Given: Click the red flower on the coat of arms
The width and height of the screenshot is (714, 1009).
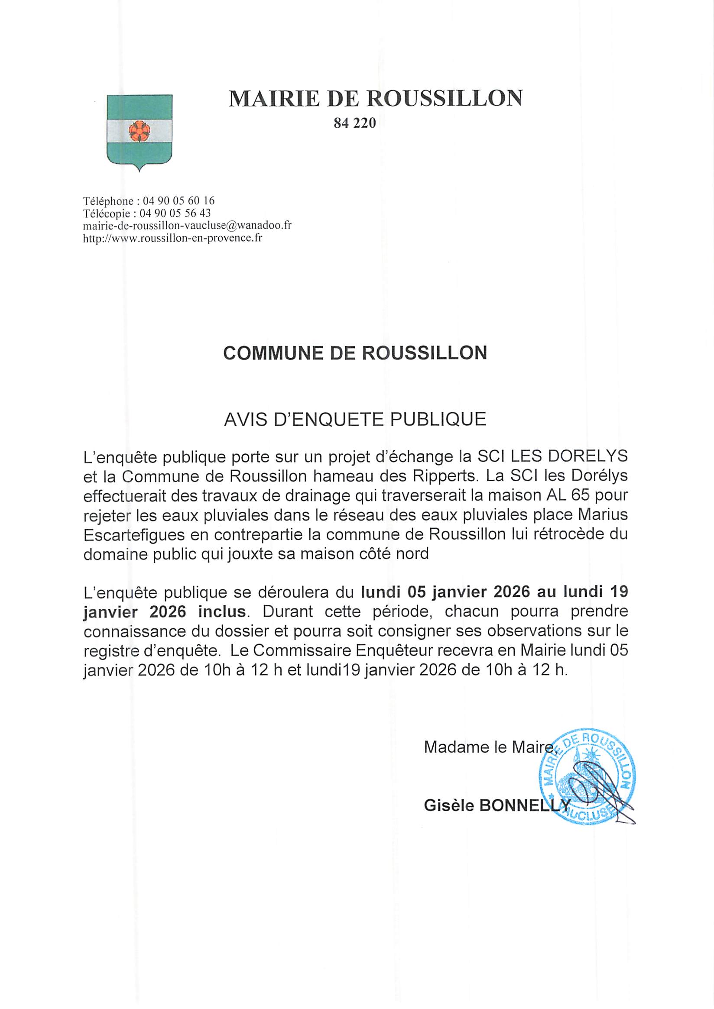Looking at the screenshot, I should pos(140,130).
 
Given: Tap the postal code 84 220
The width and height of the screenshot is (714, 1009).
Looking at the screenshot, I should pos(355,124).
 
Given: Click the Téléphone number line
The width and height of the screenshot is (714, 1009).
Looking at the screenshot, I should pos(149,201).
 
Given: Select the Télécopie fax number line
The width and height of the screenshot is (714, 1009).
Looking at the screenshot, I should pos(147,213).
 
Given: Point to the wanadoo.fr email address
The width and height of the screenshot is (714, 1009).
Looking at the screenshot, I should pos(187,226).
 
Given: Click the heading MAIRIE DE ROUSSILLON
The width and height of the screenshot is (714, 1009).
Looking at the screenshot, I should pos(376,98).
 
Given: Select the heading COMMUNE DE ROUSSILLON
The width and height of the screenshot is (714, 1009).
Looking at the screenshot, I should pos(355,353).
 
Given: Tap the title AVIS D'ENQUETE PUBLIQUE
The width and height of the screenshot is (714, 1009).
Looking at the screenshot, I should pos(355,420).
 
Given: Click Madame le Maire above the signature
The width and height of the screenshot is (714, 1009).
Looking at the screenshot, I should pos(488,747).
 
